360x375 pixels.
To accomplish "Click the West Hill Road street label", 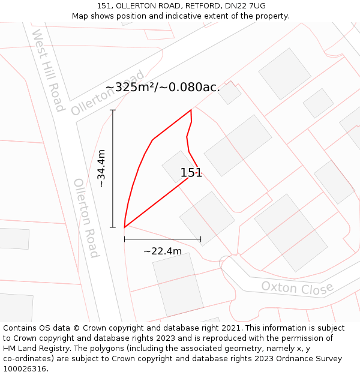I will click(49, 70).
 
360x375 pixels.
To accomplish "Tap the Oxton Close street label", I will click(297, 288).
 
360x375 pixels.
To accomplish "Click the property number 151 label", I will click(191, 173).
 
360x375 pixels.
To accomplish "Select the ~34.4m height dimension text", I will click(101, 169).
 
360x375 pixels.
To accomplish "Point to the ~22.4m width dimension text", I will click(163, 251).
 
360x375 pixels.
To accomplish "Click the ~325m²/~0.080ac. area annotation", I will click(163, 87).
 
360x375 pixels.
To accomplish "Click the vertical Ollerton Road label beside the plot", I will click(86, 218).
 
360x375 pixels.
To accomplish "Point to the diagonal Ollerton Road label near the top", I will click(108, 93).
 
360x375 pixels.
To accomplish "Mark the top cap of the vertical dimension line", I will click(113, 110).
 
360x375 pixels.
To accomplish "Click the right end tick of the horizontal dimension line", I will click(200, 239).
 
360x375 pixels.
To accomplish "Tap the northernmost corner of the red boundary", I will click(191, 110).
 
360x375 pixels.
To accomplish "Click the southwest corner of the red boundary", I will click(124, 227).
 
